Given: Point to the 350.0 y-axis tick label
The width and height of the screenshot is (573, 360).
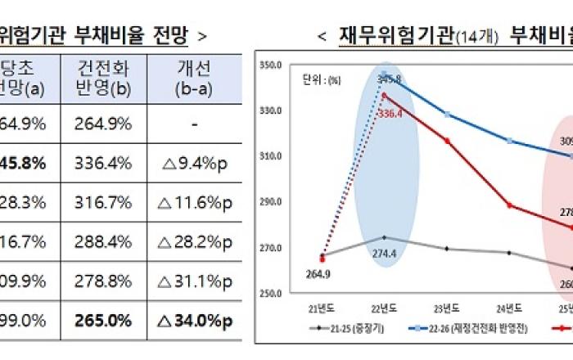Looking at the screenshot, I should coord(269,64).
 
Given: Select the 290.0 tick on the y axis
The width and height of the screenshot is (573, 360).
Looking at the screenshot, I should coord(269,201).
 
